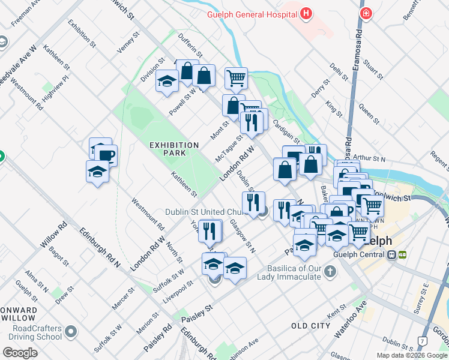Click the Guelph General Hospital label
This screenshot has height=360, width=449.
click(x=252, y=14)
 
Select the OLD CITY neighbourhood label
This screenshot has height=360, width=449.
click(x=310, y=325)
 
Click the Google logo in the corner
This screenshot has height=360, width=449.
click(x=20, y=353)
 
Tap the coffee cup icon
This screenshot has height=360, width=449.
click(x=106, y=155)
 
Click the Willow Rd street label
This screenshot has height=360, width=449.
click(x=53, y=236)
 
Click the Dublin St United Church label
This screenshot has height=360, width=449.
click(x=211, y=212)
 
